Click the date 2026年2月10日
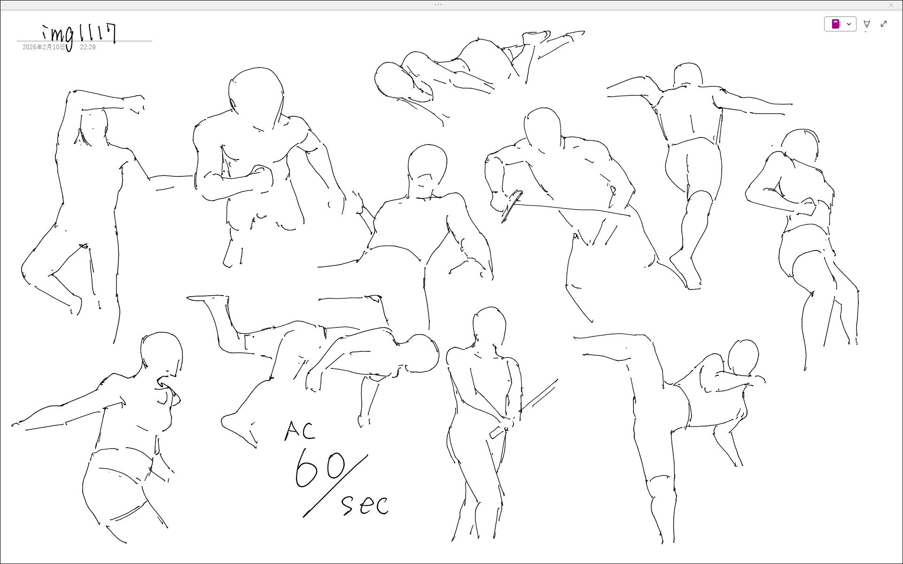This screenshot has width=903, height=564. (x=44, y=47)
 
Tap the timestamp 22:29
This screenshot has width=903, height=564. (x=88, y=47)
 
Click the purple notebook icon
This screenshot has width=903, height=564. (x=836, y=24)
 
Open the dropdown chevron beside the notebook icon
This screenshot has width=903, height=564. (x=849, y=24)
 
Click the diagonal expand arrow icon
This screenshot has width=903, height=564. (x=884, y=24)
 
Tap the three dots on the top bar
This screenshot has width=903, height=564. (x=438, y=4)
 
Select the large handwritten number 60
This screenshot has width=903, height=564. (x=320, y=468)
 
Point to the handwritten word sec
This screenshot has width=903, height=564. (x=365, y=504)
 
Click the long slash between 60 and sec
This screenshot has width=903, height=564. (x=335, y=486)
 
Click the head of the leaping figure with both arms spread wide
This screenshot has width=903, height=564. (x=688, y=75)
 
